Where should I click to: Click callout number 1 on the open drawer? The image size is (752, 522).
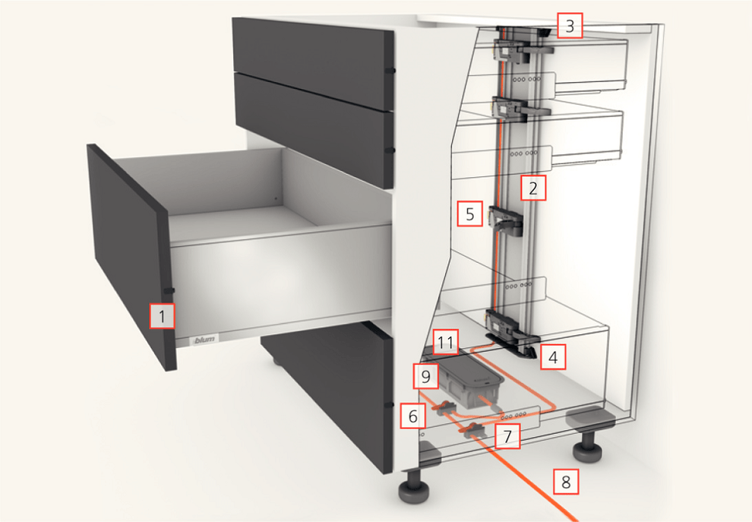click(162, 316)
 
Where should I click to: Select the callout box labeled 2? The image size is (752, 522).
click(533, 188)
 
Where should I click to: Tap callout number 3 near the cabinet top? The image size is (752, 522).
click(569, 25)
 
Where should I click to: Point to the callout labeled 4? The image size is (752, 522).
click(553, 357)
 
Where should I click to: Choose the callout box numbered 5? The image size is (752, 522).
click(470, 214)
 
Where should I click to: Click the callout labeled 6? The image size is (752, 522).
click(413, 416)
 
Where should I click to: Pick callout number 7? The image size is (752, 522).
click(507, 436)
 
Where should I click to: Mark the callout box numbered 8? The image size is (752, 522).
click(566, 481)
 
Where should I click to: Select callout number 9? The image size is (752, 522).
click(426, 376)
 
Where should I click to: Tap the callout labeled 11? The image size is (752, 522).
click(446, 342)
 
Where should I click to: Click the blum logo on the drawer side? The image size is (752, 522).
click(205, 340)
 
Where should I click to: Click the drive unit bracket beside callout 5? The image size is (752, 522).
click(505, 222)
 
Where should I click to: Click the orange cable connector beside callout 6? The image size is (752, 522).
click(445, 407)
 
